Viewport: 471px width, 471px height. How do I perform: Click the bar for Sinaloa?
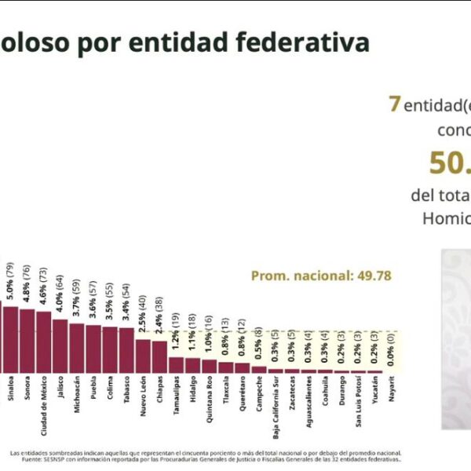[10, 338]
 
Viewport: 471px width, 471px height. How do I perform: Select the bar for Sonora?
[27, 340]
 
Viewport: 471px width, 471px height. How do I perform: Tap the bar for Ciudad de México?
[43, 341]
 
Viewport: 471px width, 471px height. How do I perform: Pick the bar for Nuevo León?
[143, 355]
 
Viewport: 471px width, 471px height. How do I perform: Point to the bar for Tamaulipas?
[176, 364]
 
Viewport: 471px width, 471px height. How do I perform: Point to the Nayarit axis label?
[392, 392]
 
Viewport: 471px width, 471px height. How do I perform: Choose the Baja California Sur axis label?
[276, 405]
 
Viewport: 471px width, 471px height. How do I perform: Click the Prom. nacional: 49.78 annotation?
[320, 276]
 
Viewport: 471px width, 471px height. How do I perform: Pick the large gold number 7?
[395, 104]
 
